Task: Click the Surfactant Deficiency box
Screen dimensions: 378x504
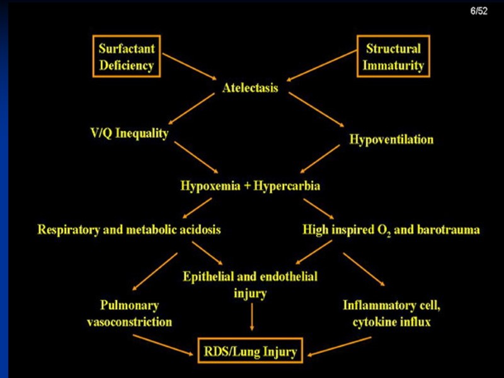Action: click(127, 57)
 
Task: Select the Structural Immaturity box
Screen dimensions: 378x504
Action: click(394, 57)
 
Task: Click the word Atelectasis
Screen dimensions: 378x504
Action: click(250, 88)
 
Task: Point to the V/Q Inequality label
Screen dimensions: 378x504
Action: click(130, 134)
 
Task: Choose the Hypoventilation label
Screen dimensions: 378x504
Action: click(391, 139)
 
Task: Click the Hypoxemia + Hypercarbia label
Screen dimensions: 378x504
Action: click(251, 186)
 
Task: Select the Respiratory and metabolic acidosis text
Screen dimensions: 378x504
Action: click(129, 229)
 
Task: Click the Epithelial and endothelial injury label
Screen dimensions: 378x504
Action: click(250, 285)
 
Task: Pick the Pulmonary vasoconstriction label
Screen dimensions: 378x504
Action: click(129, 314)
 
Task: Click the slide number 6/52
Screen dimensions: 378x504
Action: click(480, 13)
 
